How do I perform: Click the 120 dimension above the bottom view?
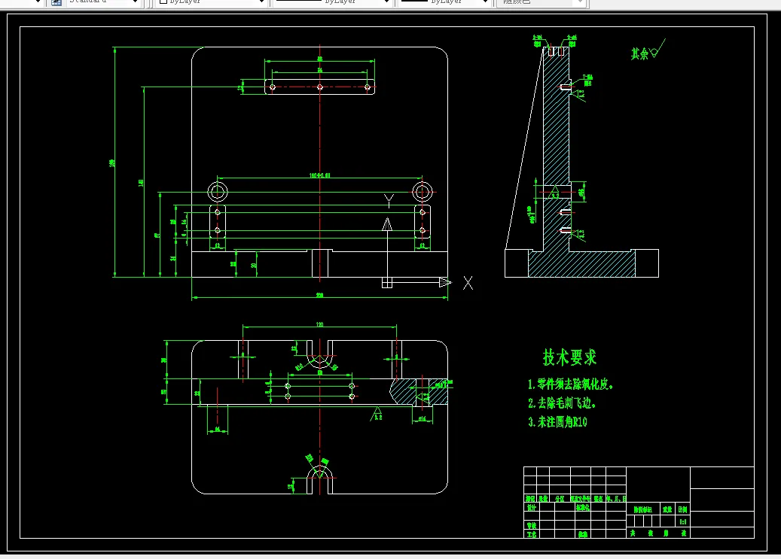[x=319, y=324]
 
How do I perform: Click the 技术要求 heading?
[x=569, y=357]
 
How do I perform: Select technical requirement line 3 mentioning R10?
[x=557, y=422]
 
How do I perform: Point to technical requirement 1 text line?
[x=571, y=384]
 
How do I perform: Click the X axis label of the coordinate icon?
[x=468, y=283]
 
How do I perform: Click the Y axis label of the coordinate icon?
[x=389, y=200]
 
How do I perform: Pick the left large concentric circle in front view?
[x=218, y=190]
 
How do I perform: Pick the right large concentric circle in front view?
[x=423, y=190]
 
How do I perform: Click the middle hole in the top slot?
[x=320, y=87]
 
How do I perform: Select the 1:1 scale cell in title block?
[x=683, y=521]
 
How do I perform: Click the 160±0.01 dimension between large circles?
[x=320, y=175]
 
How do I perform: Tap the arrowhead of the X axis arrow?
[x=445, y=283]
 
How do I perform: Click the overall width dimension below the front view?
[x=319, y=296]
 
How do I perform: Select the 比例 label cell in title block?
[x=682, y=509]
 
